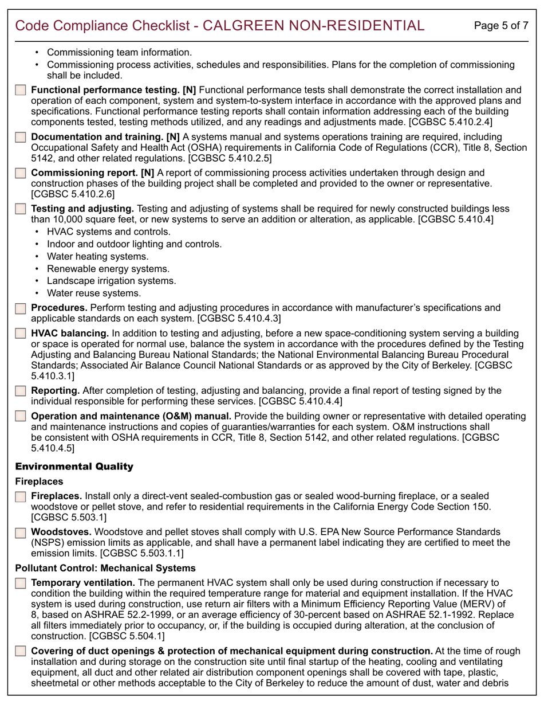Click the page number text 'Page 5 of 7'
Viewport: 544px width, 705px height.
(501, 26)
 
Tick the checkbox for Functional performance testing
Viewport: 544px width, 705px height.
(21, 91)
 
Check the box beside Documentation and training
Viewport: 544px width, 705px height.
(21, 138)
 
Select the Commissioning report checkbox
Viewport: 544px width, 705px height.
(21, 173)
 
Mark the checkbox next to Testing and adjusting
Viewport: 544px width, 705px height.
(21, 209)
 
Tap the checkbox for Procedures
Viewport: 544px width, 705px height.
(21, 308)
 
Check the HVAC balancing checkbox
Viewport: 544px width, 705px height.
(21, 334)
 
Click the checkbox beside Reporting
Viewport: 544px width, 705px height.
(21, 391)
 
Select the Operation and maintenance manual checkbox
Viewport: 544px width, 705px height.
(21, 417)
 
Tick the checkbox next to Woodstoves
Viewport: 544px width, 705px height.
(21, 532)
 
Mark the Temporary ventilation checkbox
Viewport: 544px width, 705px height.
(21, 583)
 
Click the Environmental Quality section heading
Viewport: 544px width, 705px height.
(74, 467)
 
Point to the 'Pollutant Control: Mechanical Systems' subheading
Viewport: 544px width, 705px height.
(105, 568)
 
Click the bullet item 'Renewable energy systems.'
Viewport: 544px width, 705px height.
(108, 269)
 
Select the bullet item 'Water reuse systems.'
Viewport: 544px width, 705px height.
(93, 293)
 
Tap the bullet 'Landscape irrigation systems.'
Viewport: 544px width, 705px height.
(112, 281)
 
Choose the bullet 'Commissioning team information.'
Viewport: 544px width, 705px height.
(119, 53)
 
